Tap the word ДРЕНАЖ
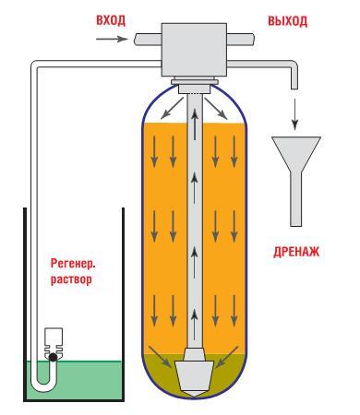pyautogui.click(x=295, y=250)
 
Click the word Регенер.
pyautogui.click(x=73, y=262)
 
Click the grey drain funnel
pyautogui.click(x=297, y=166)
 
